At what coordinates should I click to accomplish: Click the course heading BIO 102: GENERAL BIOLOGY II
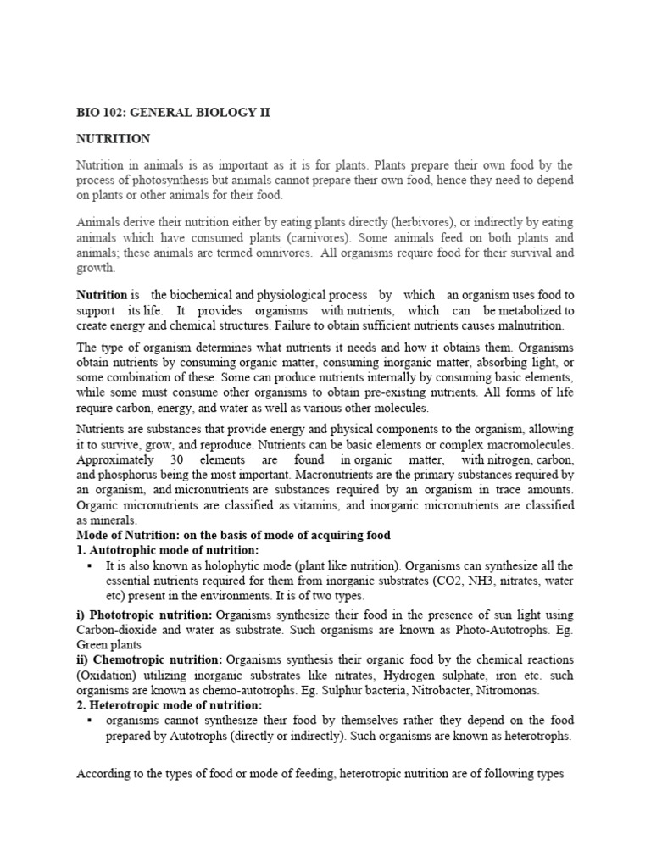[174, 113]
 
